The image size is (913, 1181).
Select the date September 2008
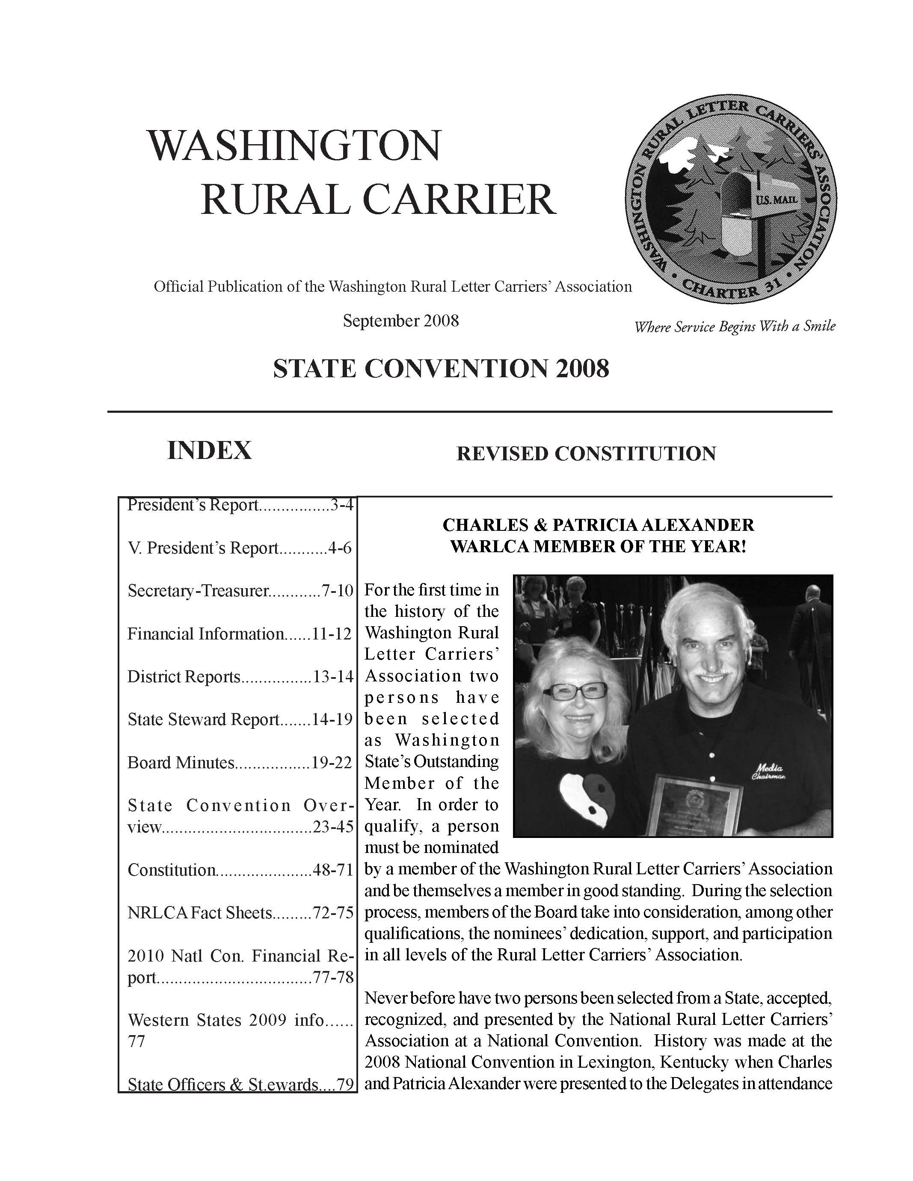coord(401,321)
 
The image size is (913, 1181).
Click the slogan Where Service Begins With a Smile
coord(735,327)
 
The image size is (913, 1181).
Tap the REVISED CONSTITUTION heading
coord(586,453)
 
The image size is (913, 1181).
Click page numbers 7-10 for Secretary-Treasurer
coord(338,590)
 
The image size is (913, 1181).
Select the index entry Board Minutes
coord(181,763)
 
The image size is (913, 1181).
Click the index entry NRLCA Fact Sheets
coord(199,913)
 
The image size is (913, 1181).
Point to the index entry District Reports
coord(184,677)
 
